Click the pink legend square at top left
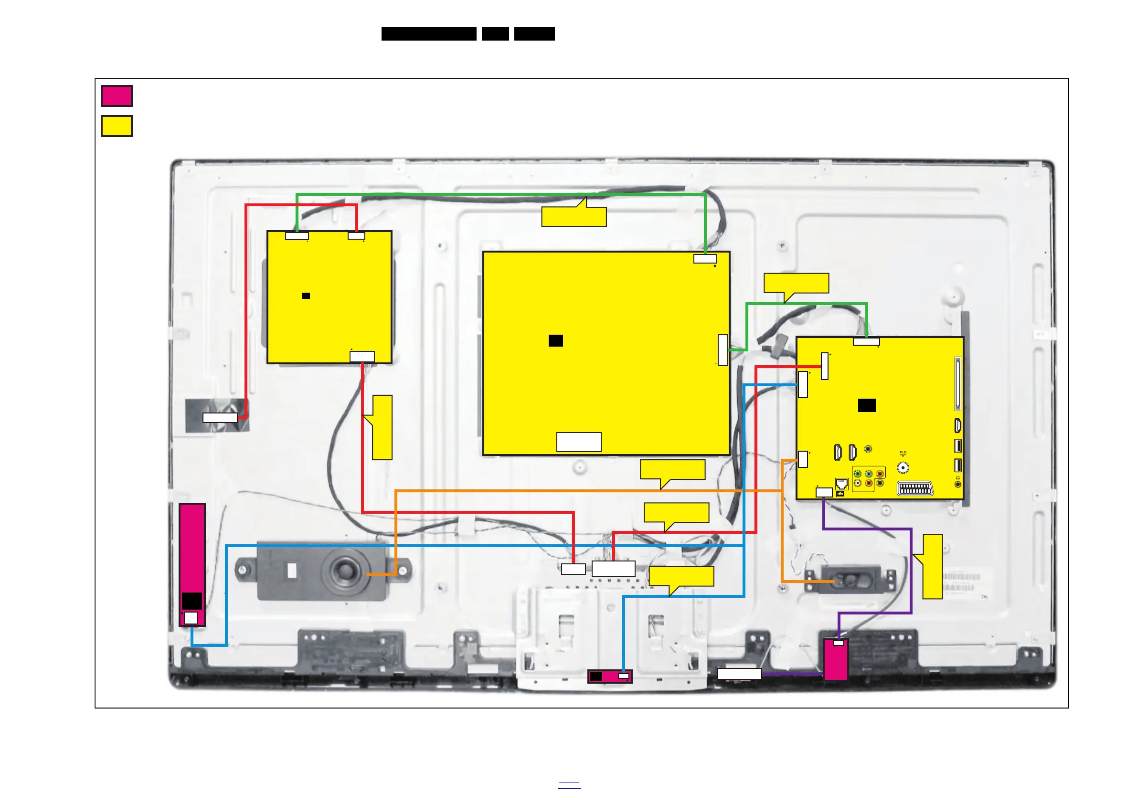tap(117, 96)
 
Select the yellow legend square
tap(117, 126)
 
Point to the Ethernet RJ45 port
tap(841, 483)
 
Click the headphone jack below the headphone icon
tap(958, 484)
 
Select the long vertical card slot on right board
tap(958, 384)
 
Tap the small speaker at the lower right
tap(851, 579)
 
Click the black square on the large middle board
tap(556, 340)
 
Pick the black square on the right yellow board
tap(867, 405)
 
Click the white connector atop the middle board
tap(705, 258)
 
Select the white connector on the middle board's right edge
tap(723, 350)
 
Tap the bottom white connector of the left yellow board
tap(362, 357)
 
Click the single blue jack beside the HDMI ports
tap(868, 449)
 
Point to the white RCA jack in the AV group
tap(858, 483)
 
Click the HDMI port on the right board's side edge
tap(958, 425)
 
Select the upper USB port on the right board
tap(958, 445)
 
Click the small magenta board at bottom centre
tap(610, 676)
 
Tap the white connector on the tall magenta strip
tap(191, 618)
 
